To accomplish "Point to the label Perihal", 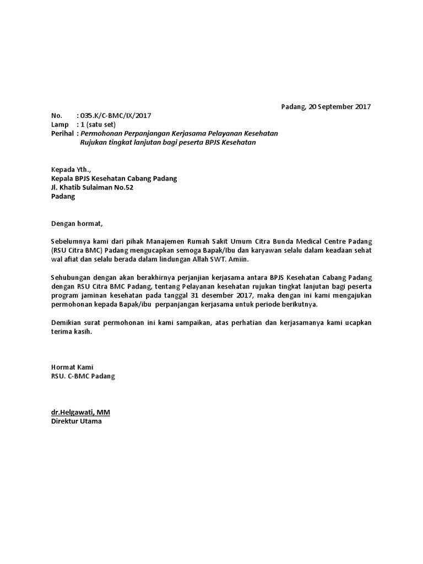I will click(63, 133).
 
